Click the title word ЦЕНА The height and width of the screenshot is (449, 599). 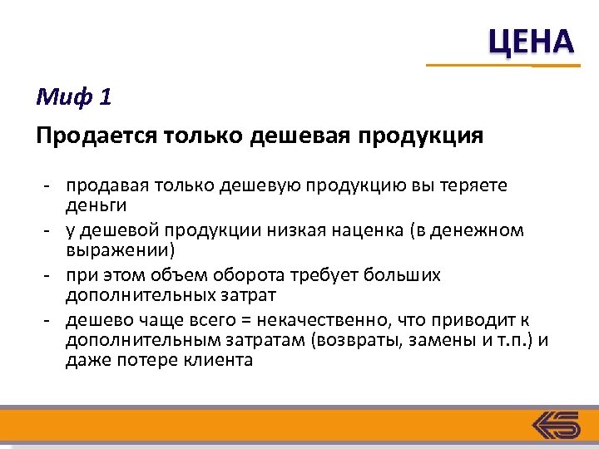point(530,41)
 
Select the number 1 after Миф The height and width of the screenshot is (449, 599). point(104,98)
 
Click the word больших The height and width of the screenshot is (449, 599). point(405,275)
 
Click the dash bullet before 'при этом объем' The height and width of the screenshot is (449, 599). point(49,275)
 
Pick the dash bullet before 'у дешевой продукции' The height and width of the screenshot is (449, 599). point(49,230)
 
